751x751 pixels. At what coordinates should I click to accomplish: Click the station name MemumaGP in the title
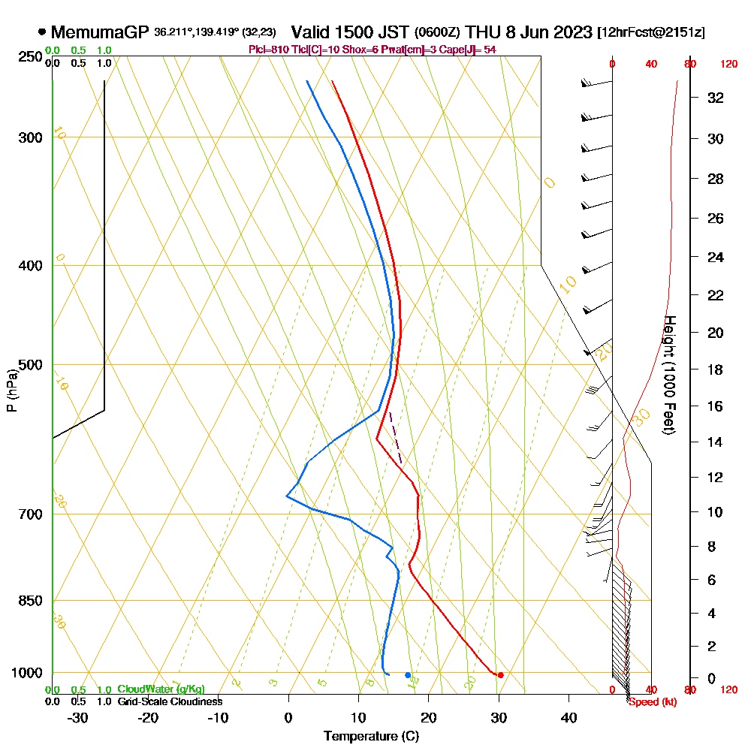pos(99,32)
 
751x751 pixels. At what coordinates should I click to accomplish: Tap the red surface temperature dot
pos(500,674)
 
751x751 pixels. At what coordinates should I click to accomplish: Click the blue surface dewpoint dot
pos(408,674)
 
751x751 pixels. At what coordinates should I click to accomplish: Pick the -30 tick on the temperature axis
pos(78,716)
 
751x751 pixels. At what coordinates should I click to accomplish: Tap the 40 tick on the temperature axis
pos(569,716)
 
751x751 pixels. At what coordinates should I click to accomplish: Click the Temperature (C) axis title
pos(371,736)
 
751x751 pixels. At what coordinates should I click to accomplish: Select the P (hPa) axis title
pos(11,390)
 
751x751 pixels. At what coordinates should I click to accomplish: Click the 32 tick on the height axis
pos(715,98)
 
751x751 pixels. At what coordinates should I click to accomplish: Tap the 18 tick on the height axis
pos(715,369)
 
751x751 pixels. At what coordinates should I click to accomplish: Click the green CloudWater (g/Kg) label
pos(161,689)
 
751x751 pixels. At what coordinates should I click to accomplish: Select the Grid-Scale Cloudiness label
pos(169,701)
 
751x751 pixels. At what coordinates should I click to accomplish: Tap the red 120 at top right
pos(728,65)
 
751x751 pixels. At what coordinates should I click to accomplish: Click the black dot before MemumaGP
pos(42,32)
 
